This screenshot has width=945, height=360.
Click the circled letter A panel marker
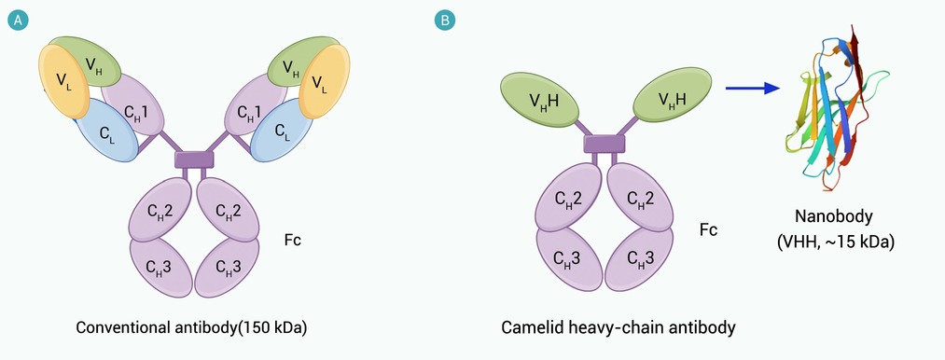pyautogui.click(x=18, y=21)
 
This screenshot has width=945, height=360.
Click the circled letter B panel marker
pyautogui.click(x=445, y=21)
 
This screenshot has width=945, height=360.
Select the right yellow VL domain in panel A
pyautogui.click(x=325, y=81)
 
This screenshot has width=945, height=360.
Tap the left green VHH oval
pyautogui.click(x=539, y=100)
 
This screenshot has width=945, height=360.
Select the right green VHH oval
pyautogui.click(x=672, y=95)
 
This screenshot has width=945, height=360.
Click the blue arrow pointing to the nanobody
pyautogui.click(x=752, y=89)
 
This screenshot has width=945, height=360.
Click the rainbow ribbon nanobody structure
pyautogui.click(x=838, y=108)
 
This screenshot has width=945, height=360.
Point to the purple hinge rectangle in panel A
pyautogui.click(x=194, y=159)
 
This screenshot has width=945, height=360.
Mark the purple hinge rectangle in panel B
pyautogui.click(x=605, y=145)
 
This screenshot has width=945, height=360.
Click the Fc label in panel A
pyautogui.click(x=292, y=240)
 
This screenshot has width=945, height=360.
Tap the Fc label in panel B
pyautogui.click(x=709, y=229)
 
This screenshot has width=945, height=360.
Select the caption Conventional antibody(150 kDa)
pyautogui.click(x=191, y=328)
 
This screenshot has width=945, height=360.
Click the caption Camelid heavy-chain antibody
pyautogui.click(x=618, y=328)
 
